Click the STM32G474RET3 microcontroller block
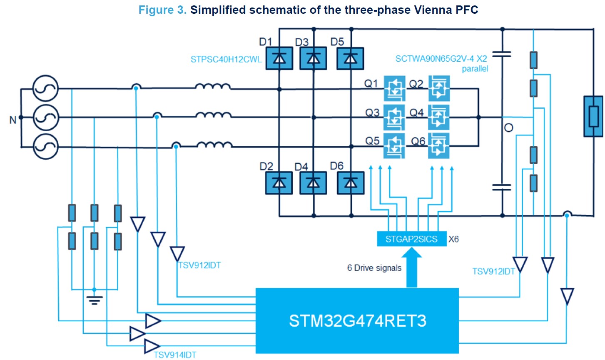[357, 320]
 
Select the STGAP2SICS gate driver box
[411, 239]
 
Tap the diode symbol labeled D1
[279, 58]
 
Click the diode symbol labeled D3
[313, 58]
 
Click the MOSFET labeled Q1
[394, 88]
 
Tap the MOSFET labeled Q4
[439, 117]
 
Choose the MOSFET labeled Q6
[439, 145]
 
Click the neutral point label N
[13, 120]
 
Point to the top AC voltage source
[46, 89]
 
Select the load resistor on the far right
[593, 117]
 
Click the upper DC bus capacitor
[502, 54]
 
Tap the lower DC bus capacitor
[502, 187]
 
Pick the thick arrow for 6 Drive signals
[411, 267]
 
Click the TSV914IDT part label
[175, 355]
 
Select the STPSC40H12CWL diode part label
[226, 59]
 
